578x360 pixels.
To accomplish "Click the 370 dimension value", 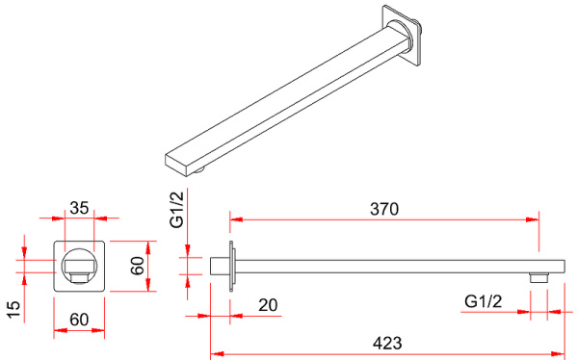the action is point(384,209).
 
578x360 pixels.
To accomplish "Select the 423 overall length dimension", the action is point(387,344).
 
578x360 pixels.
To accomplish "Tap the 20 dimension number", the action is point(268,305).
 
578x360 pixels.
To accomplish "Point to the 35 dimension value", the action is point(79,208).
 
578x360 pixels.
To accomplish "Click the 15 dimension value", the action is point(13,310).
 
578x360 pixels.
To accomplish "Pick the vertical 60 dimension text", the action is point(137,266).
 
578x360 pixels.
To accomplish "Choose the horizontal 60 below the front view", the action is point(79,320).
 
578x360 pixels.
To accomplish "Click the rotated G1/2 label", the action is point(176,210).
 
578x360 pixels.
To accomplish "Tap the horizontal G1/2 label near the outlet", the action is point(484,301).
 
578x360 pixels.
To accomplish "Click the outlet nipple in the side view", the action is point(539,278).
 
